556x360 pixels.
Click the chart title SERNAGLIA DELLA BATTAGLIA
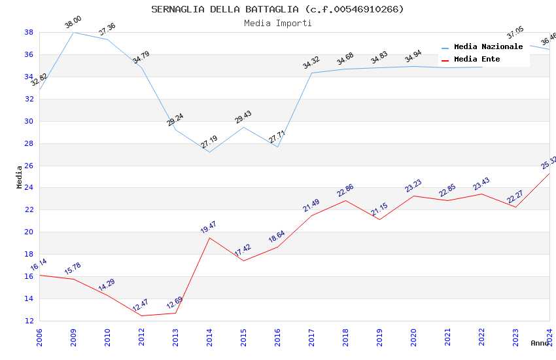277,9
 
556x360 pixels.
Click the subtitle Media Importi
277,23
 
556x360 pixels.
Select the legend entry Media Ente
477,60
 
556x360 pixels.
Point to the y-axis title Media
20,177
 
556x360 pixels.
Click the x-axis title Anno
540,343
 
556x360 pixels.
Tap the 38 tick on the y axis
29,32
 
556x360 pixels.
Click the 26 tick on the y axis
29,166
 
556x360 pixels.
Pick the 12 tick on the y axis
29,321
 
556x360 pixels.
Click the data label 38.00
73,24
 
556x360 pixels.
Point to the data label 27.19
209,141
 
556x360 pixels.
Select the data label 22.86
345,190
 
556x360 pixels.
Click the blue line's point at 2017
311,73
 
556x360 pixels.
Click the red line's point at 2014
209,238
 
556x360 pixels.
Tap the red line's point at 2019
379,219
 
